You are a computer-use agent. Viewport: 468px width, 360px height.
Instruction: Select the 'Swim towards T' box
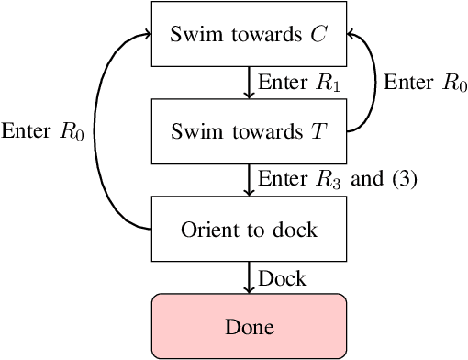coord(248,129)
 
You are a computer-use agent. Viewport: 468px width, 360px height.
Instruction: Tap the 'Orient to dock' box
coord(248,227)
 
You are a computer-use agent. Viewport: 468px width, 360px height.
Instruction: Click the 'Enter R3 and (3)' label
coord(338,179)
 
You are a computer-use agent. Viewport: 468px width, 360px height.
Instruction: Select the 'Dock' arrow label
coord(281,276)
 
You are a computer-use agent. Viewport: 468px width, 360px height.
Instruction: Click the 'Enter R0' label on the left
coord(43,131)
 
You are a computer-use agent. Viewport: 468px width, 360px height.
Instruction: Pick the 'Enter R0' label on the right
coord(424,83)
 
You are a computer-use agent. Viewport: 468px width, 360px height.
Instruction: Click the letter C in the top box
coord(317,34)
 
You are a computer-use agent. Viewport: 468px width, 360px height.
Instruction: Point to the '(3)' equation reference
coord(404,179)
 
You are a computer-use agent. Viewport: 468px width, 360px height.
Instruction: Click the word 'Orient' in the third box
coord(205,228)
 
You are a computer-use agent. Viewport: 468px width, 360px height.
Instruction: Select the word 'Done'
coord(248,325)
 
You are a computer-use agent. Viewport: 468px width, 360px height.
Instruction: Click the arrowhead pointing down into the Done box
coord(248,288)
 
